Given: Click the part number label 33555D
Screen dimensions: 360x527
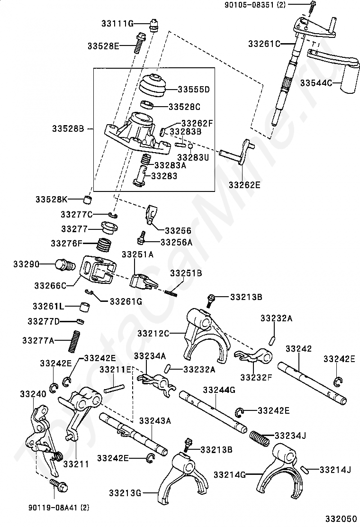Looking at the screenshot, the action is click(193, 90).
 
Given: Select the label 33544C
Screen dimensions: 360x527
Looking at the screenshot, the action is click(316, 82).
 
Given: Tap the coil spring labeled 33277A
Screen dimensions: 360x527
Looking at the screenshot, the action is click(75, 342).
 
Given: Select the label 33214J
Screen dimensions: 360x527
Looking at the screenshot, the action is click(335, 470).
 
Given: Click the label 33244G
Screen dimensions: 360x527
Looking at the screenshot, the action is click(219, 390).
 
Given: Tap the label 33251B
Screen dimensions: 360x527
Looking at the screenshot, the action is click(186, 273).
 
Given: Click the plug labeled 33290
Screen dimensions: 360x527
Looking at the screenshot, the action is click(65, 265).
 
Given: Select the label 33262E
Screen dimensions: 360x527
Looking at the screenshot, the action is click(244, 185).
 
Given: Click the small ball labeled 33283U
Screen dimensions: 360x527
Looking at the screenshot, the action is click(190, 146).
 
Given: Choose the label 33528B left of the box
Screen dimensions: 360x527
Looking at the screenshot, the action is click(68, 128).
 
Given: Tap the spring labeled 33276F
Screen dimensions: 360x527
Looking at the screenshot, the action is click(104, 245).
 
